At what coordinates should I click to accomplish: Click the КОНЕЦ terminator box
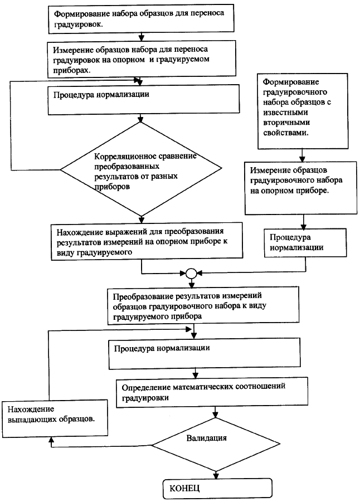(x=218, y=488)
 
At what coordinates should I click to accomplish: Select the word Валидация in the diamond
(x=207, y=438)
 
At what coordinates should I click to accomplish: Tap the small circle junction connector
(x=191, y=273)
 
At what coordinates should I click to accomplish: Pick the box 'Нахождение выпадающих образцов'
(x=54, y=418)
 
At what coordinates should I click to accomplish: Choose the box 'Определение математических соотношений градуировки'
(x=212, y=392)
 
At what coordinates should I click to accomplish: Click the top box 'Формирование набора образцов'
(x=141, y=18)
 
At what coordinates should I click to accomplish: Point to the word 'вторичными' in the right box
(x=286, y=123)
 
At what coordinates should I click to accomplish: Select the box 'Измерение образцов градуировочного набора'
(x=301, y=188)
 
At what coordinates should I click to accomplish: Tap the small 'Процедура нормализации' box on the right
(x=305, y=243)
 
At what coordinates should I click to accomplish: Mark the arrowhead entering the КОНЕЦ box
(x=216, y=475)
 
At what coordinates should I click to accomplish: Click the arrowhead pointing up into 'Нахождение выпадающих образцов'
(x=51, y=441)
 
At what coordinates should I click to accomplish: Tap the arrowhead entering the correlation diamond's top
(x=140, y=119)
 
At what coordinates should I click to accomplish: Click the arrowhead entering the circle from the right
(x=199, y=273)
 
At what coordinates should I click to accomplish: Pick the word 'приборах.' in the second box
(x=72, y=70)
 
